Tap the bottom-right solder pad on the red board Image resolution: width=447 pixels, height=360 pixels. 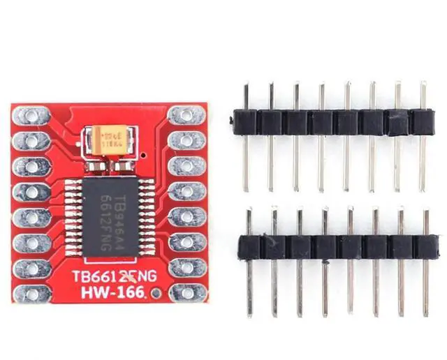[x=186, y=292]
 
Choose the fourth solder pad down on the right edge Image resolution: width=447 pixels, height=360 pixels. [x=186, y=191]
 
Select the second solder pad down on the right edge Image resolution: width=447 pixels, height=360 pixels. [x=186, y=140]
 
